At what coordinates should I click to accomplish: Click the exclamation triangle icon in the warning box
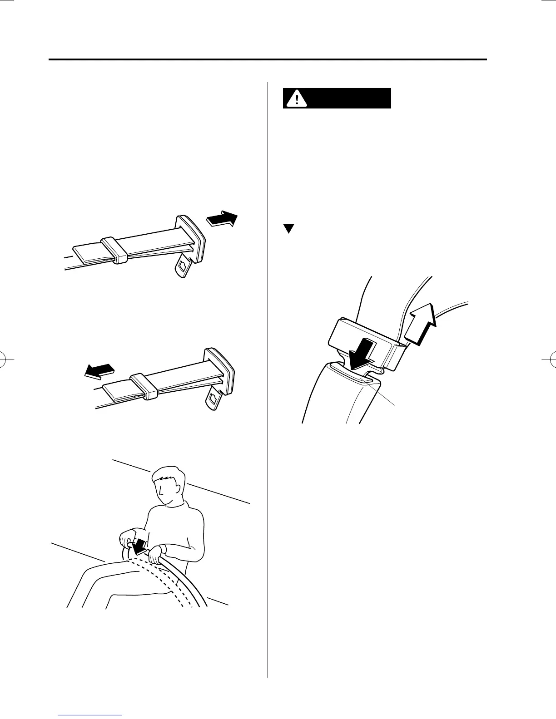click(297, 98)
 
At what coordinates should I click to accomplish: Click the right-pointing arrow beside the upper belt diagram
click(222, 218)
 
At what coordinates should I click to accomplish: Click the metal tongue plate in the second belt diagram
click(213, 398)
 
